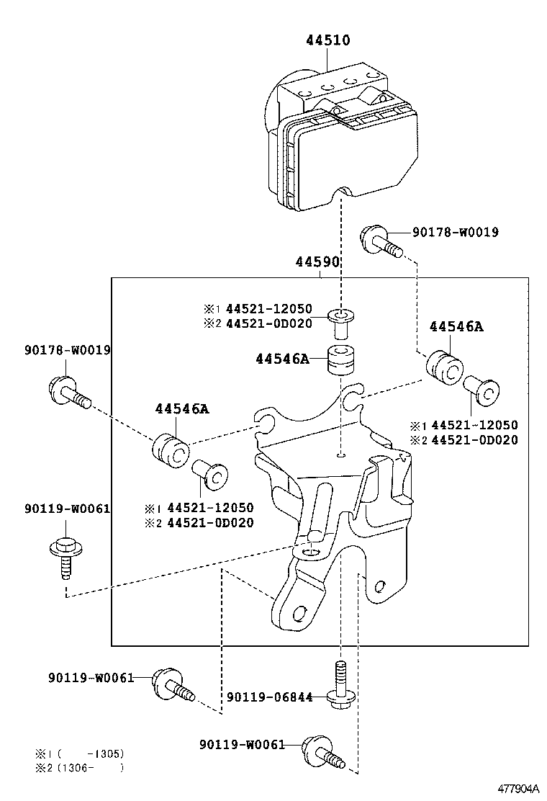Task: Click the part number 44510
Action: pos(327,40)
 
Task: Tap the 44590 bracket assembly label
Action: pos(317,261)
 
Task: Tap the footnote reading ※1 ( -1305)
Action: pos(79,753)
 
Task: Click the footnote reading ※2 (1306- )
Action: pos(79,768)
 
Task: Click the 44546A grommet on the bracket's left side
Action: pos(171,449)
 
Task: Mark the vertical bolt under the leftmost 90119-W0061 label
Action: pos(63,555)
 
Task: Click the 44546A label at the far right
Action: pos(456,326)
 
